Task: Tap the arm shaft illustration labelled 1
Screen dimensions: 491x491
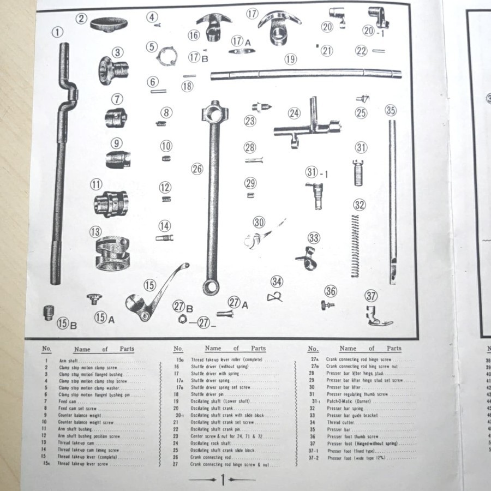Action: [x=60, y=164]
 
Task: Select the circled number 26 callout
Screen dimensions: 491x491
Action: [x=197, y=169]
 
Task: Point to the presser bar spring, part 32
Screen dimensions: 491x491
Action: [x=356, y=245]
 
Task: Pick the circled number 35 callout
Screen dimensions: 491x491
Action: [x=390, y=110]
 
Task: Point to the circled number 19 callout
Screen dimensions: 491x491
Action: [x=290, y=59]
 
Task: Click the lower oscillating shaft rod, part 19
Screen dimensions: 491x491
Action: [x=306, y=73]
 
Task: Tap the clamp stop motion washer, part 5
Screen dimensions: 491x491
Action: [x=166, y=55]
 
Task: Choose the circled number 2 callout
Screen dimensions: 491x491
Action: [x=81, y=19]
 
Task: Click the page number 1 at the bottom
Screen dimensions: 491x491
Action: [x=222, y=480]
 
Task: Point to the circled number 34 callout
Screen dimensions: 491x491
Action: [x=277, y=282]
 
